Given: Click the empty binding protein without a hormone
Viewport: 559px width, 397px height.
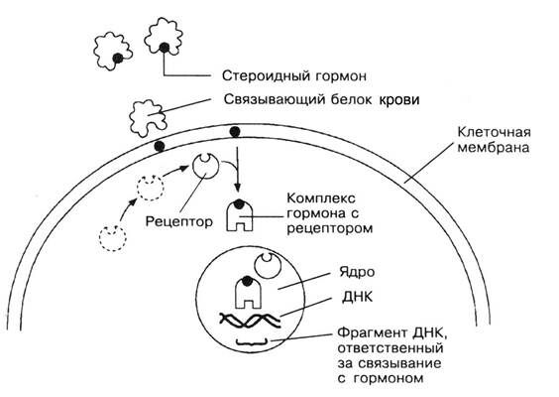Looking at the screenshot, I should [148, 117].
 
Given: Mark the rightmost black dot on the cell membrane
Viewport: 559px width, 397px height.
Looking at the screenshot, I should [235, 130].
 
